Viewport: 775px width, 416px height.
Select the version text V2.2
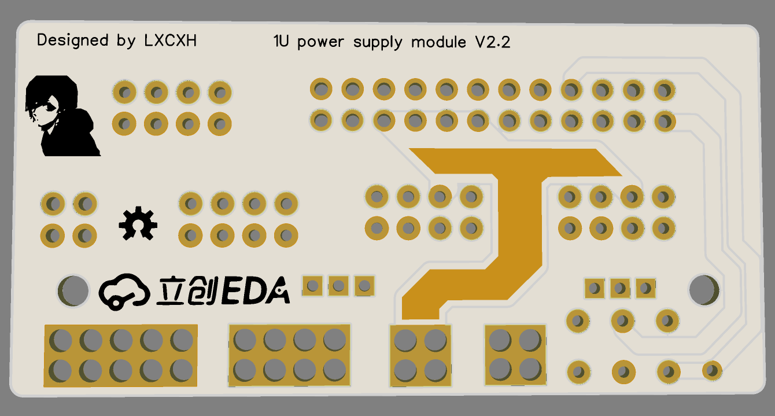click(493, 42)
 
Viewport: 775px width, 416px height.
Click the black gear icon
click(138, 223)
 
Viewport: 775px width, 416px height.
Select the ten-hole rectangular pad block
click(121, 355)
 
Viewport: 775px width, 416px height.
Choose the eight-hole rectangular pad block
click(290, 355)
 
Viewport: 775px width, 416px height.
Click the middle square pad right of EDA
click(338, 285)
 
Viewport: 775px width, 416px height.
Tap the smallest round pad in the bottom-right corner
click(712, 370)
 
